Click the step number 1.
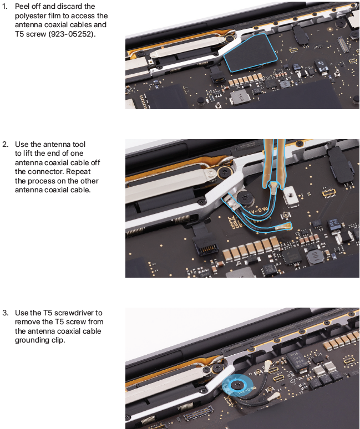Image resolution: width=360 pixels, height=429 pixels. [x=4, y=6]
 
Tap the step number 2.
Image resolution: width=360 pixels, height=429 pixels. [x=5, y=144]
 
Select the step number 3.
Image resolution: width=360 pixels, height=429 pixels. [x=5, y=313]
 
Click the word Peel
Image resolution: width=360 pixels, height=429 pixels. [x=22, y=6]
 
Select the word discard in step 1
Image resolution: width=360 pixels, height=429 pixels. [x=71, y=6]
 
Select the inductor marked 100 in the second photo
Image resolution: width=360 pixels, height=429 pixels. [x=315, y=257]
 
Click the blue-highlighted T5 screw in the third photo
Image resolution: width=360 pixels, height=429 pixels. [x=236, y=385]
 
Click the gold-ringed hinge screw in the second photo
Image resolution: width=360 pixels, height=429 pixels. [x=225, y=172]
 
